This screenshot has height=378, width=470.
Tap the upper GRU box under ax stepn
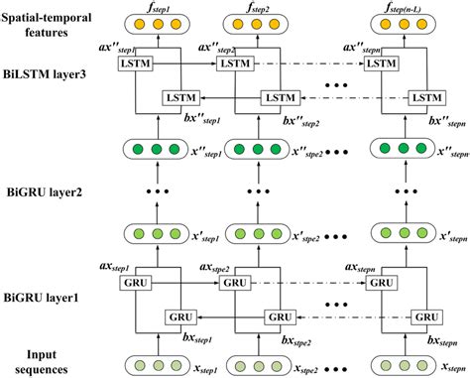[x=382, y=283]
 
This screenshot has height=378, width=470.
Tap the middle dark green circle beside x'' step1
[x=157, y=150]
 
